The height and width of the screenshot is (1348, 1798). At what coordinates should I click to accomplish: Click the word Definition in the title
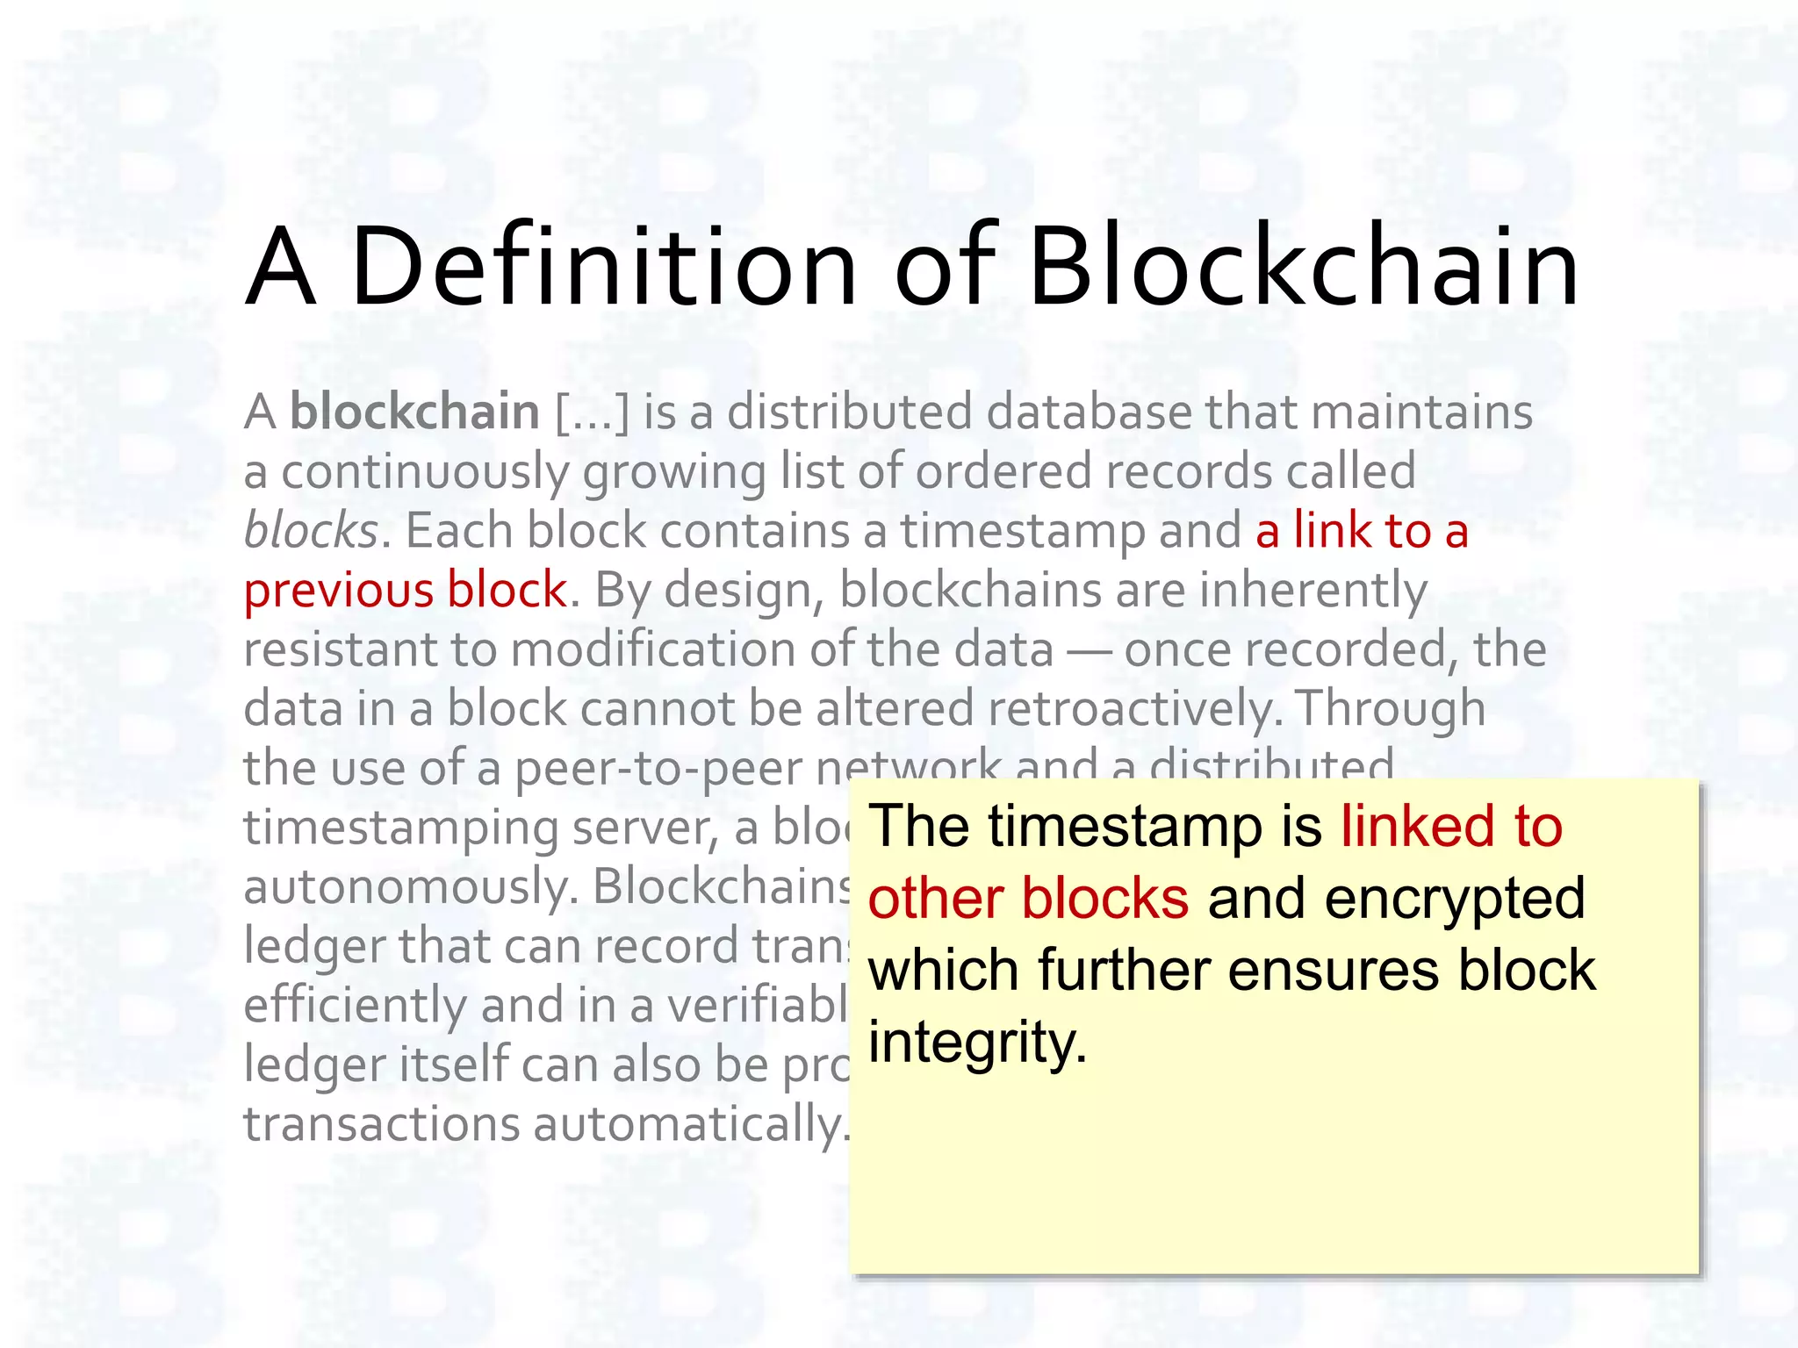pos(604,267)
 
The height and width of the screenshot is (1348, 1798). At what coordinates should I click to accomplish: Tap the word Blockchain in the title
pos(1303,267)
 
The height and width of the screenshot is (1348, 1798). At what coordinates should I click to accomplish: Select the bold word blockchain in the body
pos(414,412)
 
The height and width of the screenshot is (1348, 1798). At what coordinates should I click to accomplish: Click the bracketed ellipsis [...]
pos(593,412)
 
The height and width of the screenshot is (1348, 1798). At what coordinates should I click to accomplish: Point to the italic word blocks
pos(311,531)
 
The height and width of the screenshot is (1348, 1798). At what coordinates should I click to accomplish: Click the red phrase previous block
pos(405,590)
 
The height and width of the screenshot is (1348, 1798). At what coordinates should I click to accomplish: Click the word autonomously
pos(410,886)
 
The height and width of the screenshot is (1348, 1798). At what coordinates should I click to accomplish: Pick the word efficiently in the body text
pos(355,1005)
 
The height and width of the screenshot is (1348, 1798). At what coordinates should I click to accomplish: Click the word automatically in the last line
pos(687,1124)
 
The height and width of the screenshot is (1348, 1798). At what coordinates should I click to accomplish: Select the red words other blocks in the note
pos(1028,899)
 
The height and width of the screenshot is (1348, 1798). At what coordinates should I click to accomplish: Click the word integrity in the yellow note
pos(977,1043)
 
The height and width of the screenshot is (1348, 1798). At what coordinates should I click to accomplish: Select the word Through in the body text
pos(1390,709)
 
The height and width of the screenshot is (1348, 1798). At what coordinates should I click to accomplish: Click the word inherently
pos(1313,590)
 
